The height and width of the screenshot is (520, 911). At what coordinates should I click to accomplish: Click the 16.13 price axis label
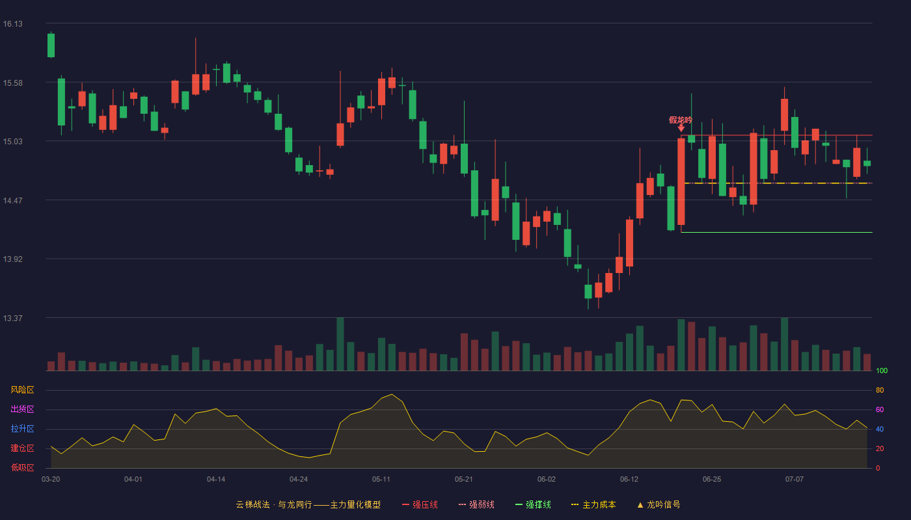click(x=12, y=24)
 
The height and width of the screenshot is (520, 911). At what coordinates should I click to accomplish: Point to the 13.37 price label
click(x=12, y=318)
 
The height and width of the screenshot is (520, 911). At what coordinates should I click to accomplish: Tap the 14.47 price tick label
click(x=12, y=200)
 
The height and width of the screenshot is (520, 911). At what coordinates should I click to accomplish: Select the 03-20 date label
click(x=51, y=480)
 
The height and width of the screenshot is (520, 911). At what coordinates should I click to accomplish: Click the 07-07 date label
click(x=795, y=480)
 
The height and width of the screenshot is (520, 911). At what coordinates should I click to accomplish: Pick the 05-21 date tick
click(x=463, y=480)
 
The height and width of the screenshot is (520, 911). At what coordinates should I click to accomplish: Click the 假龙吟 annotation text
click(x=681, y=120)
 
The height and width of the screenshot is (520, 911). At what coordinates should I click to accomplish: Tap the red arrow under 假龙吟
click(x=681, y=129)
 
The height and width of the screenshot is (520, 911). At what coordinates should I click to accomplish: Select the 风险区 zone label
click(x=22, y=390)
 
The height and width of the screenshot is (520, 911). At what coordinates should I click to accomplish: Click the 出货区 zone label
click(x=22, y=409)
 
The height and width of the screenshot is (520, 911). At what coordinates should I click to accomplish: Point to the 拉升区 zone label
click(x=22, y=428)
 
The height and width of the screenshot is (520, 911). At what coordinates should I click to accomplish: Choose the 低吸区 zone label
click(x=22, y=467)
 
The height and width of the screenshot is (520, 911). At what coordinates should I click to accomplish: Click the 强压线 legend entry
click(x=420, y=504)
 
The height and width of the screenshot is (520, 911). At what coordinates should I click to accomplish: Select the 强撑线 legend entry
click(x=533, y=504)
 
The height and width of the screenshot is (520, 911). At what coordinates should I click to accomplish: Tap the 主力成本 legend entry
click(x=593, y=504)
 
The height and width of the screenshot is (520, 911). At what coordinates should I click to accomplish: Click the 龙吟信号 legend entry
click(x=659, y=504)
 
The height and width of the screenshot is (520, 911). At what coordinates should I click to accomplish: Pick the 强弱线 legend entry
click(x=476, y=504)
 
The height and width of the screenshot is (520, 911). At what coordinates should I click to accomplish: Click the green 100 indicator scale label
click(x=882, y=370)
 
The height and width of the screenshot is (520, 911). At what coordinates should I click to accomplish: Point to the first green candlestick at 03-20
click(x=51, y=45)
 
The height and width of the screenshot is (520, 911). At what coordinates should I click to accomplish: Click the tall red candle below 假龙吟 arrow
click(x=681, y=181)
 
